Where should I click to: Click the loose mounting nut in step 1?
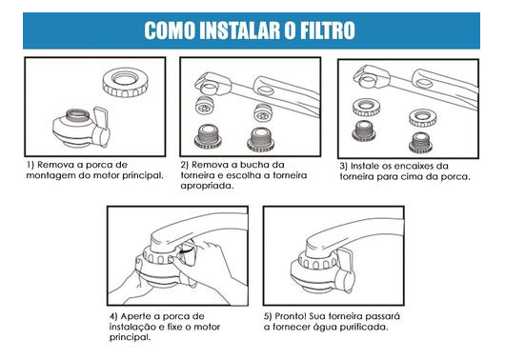coord(125,82)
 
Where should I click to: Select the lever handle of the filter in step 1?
coord(101,128)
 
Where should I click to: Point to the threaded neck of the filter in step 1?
coord(77,115)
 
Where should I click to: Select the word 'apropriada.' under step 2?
coord(207,186)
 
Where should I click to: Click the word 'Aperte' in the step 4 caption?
coord(135,316)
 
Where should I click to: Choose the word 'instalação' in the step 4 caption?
coord(132,328)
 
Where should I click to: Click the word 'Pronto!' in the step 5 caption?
coord(290,316)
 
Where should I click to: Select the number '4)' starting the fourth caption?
coord(113,316)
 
